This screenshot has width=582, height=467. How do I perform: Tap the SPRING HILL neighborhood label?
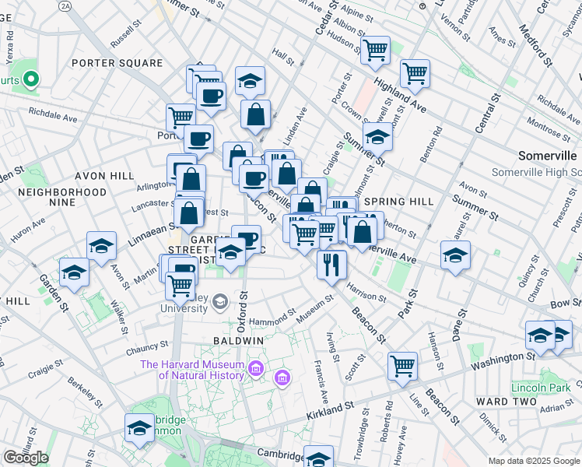[399, 202]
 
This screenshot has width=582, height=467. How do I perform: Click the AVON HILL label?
[105, 177]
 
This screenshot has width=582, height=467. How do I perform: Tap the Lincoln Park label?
[541, 387]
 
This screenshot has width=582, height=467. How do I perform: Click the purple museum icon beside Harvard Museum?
[282, 378]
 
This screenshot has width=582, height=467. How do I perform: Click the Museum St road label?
[314, 304]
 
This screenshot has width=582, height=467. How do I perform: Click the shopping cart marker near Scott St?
[403, 365]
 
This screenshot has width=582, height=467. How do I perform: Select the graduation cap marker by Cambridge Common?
[140, 427]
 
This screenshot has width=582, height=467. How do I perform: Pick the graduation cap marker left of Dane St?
[455, 255]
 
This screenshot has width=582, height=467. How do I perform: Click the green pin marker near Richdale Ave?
[31, 79]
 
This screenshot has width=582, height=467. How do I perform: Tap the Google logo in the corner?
[26, 458]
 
